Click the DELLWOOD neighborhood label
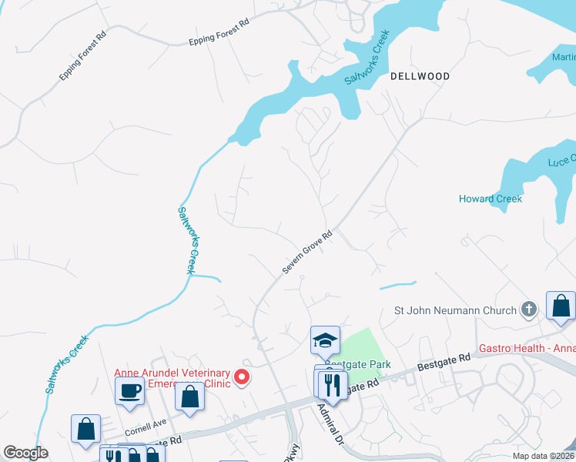point(420,76)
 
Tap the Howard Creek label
point(491,199)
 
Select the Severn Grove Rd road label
point(306,252)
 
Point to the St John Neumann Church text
point(455,310)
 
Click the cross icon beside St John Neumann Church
point(528,310)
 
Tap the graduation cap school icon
point(325,340)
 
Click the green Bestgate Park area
point(361,346)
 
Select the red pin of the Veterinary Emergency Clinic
point(242,377)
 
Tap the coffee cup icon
point(129,390)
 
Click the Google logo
point(25,453)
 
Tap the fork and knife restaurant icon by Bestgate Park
point(332,384)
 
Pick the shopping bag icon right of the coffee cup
point(189,397)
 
